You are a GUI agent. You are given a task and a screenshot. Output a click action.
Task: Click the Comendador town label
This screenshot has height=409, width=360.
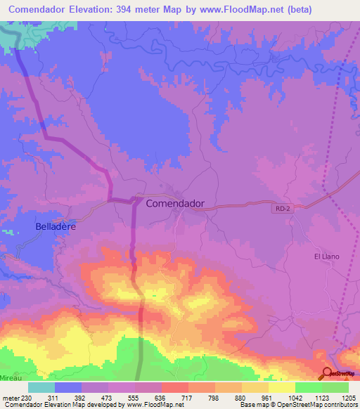click(175, 203)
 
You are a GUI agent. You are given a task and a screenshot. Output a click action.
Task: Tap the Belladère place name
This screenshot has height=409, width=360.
click(56, 227)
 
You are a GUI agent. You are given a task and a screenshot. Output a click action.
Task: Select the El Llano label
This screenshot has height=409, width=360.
click(326, 257)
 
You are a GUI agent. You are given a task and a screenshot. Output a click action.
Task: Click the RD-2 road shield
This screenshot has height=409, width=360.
click(281, 207)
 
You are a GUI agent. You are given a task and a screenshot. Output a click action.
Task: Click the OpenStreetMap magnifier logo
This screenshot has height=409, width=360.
click(328, 373)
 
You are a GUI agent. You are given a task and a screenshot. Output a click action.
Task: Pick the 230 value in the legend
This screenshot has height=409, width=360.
click(26, 397)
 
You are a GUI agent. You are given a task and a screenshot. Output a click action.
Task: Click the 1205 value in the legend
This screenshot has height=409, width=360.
click(348, 397)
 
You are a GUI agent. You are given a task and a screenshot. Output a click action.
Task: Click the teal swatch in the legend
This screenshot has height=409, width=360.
click(41, 387)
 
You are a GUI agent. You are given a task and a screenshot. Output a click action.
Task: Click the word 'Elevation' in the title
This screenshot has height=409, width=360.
click(101, 10)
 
